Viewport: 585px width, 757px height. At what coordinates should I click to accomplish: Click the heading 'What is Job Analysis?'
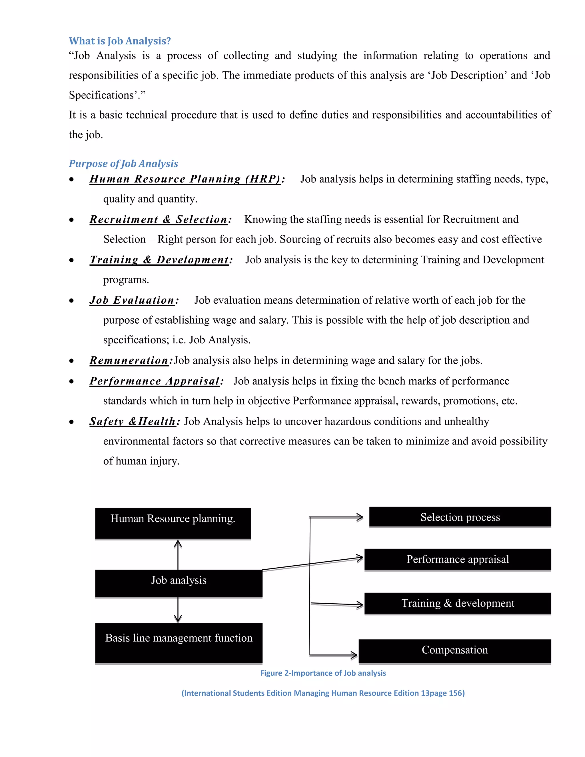(x=120, y=41)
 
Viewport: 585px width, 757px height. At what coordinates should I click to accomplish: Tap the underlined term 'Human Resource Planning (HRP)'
(x=185, y=179)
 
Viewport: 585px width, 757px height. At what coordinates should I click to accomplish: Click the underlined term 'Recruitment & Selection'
(x=158, y=219)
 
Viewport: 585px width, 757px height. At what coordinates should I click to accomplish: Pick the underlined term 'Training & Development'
(x=159, y=260)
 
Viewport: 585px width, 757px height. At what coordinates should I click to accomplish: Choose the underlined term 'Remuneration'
(x=129, y=361)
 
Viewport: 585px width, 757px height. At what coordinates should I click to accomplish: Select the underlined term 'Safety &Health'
(x=132, y=421)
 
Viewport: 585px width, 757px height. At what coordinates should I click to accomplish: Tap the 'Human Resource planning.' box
(x=173, y=523)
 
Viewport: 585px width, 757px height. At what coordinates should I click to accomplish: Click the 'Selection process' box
(x=460, y=517)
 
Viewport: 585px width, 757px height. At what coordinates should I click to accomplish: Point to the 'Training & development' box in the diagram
(x=458, y=603)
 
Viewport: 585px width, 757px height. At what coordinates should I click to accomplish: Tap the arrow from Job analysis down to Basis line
(x=178, y=609)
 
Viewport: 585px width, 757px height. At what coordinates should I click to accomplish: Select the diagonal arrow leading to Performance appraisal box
(x=312, y=564)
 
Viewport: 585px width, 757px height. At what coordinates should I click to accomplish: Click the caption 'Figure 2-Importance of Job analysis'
(x=323, y=673)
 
